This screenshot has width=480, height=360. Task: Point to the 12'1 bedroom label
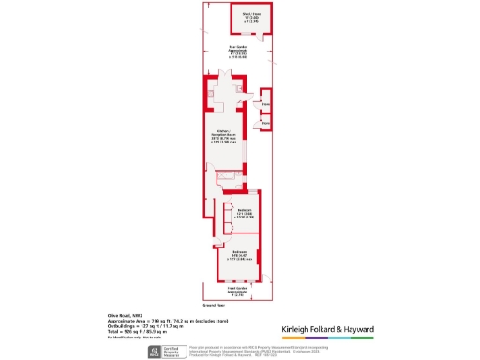click(x=243, y=214)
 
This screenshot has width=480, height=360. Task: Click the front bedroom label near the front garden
click(x=239, y=254)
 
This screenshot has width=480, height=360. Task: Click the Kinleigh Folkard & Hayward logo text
click(x=328, y=330)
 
